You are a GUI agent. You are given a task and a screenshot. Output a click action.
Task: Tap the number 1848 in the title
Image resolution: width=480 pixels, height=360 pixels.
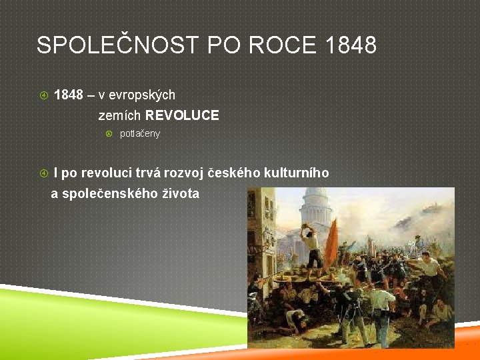coord(352,45)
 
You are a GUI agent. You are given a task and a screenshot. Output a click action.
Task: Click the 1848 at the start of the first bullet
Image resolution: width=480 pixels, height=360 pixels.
coord(68,95)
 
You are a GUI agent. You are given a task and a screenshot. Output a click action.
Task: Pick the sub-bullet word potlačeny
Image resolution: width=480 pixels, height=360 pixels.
coord(139,134)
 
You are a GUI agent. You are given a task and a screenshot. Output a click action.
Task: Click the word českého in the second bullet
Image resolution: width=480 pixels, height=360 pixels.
coord(234,173)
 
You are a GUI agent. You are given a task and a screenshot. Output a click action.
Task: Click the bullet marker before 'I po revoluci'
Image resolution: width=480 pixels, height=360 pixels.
coord(44,173)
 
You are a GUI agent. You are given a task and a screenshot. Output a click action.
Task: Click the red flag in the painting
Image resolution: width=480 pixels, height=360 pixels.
coord(331,244)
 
